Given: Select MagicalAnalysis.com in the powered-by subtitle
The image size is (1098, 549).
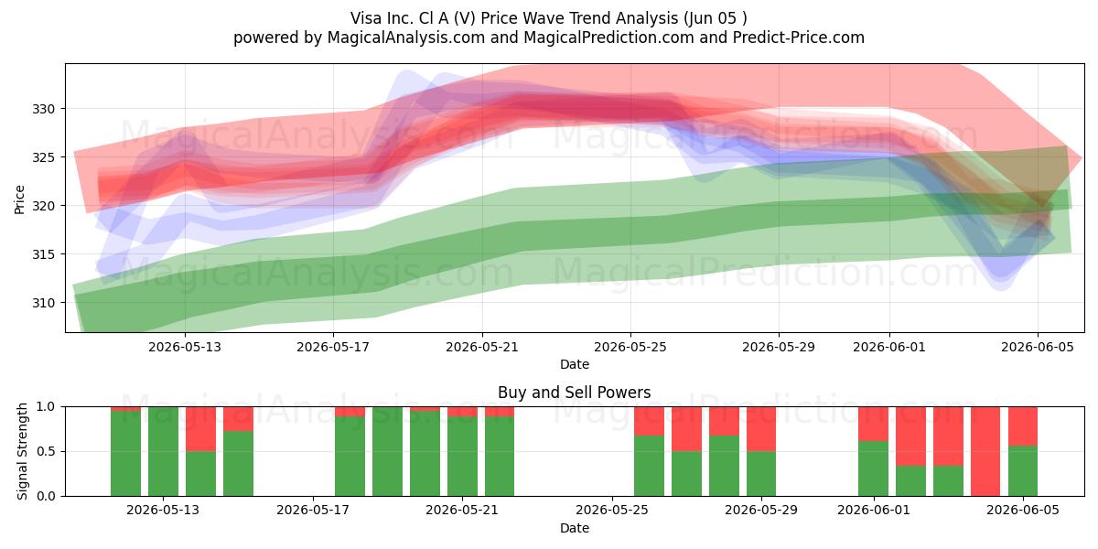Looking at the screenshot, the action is pyautogui.click(x=406, y=38).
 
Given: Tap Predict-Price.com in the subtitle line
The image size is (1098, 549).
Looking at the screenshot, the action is pyautogui.click(x=799, y=38).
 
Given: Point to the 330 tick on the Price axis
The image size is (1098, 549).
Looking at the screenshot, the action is pyautogui.click(x=43, y=109).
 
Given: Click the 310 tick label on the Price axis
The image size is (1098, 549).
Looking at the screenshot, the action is pyautogui.click(x=43, y=303).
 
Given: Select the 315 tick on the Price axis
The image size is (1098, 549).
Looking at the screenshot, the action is pyautogui.click(x=43, y=254).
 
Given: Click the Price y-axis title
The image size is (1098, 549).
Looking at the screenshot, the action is pyautogui.click(x=19, y=199).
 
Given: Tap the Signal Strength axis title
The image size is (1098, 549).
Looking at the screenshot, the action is pyautogui.click(x=22, y=451).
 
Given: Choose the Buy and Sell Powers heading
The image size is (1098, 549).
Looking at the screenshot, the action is pyautogui.click(x=574, y=393).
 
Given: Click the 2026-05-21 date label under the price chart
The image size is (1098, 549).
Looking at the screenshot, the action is pyautogui.click(x=482, y=347).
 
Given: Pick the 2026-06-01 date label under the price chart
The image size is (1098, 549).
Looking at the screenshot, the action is pyautogui.click(x=889, y=347).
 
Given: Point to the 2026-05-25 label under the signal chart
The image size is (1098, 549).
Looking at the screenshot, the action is pyautogui.click(x=612, y=510).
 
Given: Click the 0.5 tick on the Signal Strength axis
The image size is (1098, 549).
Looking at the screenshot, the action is pyautogui.click(x=46, y=451).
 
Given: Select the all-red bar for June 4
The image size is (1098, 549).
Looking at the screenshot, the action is pyautogui.click(x=985, y=451).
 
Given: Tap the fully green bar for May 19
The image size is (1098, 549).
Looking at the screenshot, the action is pyautogui.click(x=387, y=451).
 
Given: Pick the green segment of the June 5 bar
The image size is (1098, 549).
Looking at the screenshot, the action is pyautogui.click(x=1023, y=471).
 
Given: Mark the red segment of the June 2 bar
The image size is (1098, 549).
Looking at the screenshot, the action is pyautogui.click(x=910, y=436).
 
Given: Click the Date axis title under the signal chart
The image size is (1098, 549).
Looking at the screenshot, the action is pyautogui.click(x=575, y=528).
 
